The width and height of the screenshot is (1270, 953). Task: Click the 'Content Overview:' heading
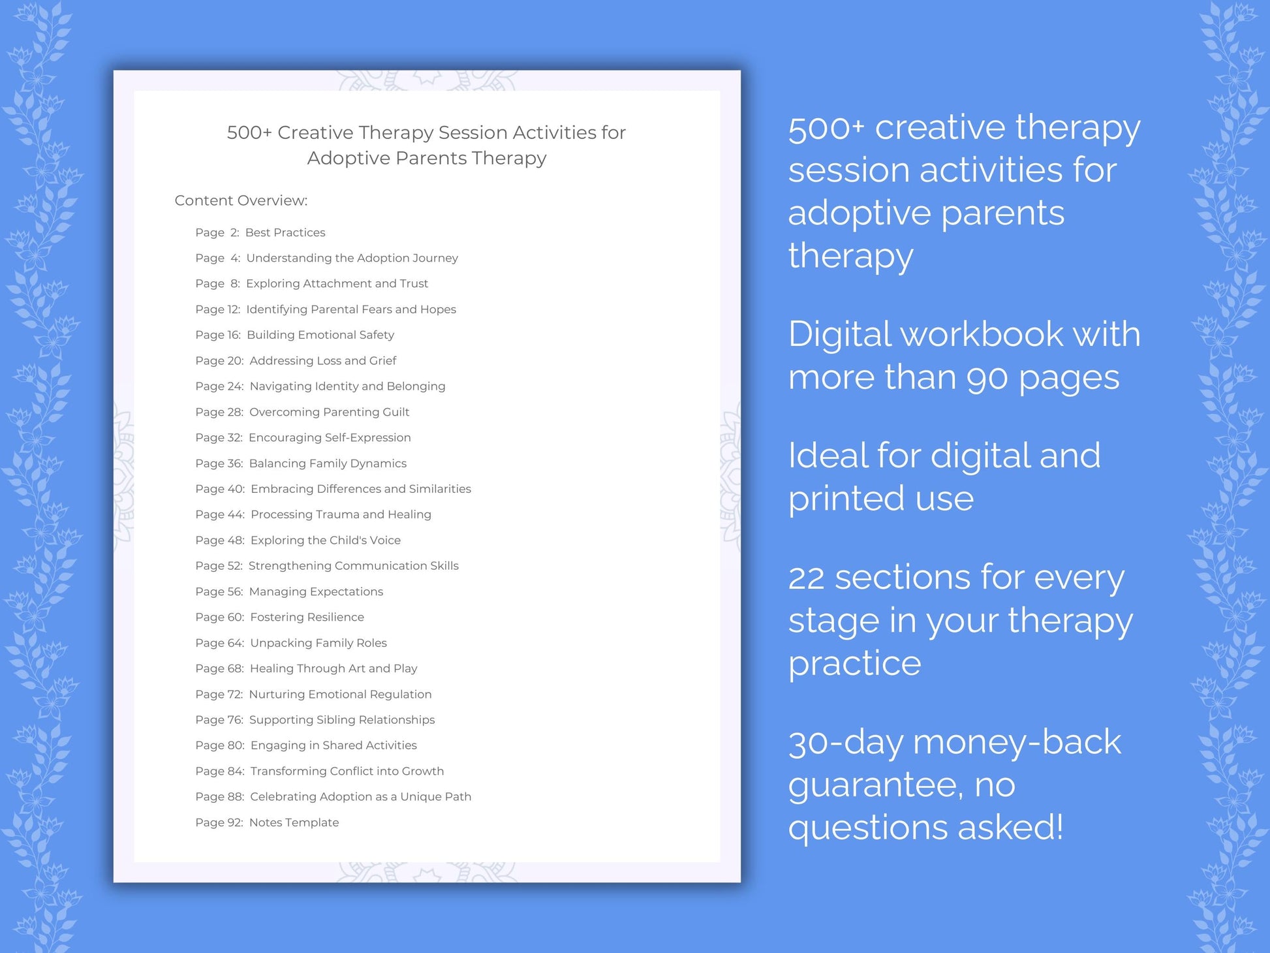click(x=241, y=200)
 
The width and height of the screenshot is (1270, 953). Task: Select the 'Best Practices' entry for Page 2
click(x=285, y=232)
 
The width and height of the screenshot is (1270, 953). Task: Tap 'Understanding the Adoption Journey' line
click(x=352, y=258)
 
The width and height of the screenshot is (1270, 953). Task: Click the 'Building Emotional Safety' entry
click(x=320, y=335)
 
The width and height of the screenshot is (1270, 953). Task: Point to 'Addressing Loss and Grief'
click(x=322, y=360)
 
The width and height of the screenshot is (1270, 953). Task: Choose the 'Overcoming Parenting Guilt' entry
click(x=329, y=412)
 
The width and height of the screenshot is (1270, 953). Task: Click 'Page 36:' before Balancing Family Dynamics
click(x=219, y=463)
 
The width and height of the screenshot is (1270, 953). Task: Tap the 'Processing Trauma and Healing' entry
click(x=341, y=514)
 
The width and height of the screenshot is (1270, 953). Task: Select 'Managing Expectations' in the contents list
click(x=316, y=591)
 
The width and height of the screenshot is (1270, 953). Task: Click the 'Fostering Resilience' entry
click(x=307, y=617)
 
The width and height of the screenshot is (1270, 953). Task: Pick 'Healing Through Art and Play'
click(x=333, y=668)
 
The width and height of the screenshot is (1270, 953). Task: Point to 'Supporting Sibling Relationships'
click(x=341, y=719)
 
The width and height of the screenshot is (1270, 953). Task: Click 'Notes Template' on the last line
click(x=294, y=822)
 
